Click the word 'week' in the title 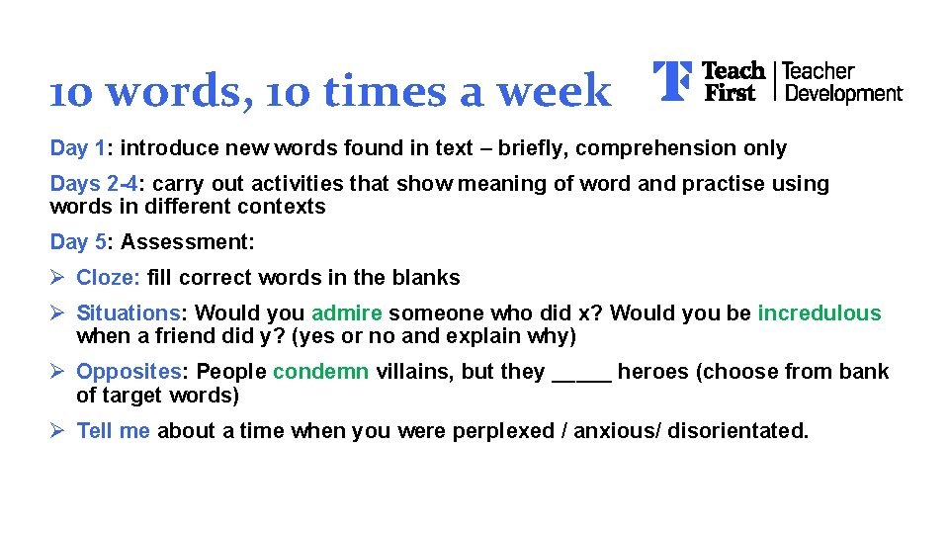pyautogui.click(x=555, y=92)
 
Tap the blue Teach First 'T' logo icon pyautogui.click(x=672, y=81)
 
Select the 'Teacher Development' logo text pyautogui.click(x=842, y=82)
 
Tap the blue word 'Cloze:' pyautogui.click(x=108, y=278)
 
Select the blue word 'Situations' pyautogui.click(x=129, y=313)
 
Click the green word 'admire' pyautogui.click(x=346, y=313)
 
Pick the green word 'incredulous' pyautogui.click(x=819, y=313)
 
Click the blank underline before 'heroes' pyautogui.click(x=581, y=376)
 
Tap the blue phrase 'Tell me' pyautogui.click(x=113, y=431)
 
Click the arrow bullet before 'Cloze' pyautogui.click(x=58, y=278)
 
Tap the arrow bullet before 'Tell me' pyautogui.click(x=58, y=431)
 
